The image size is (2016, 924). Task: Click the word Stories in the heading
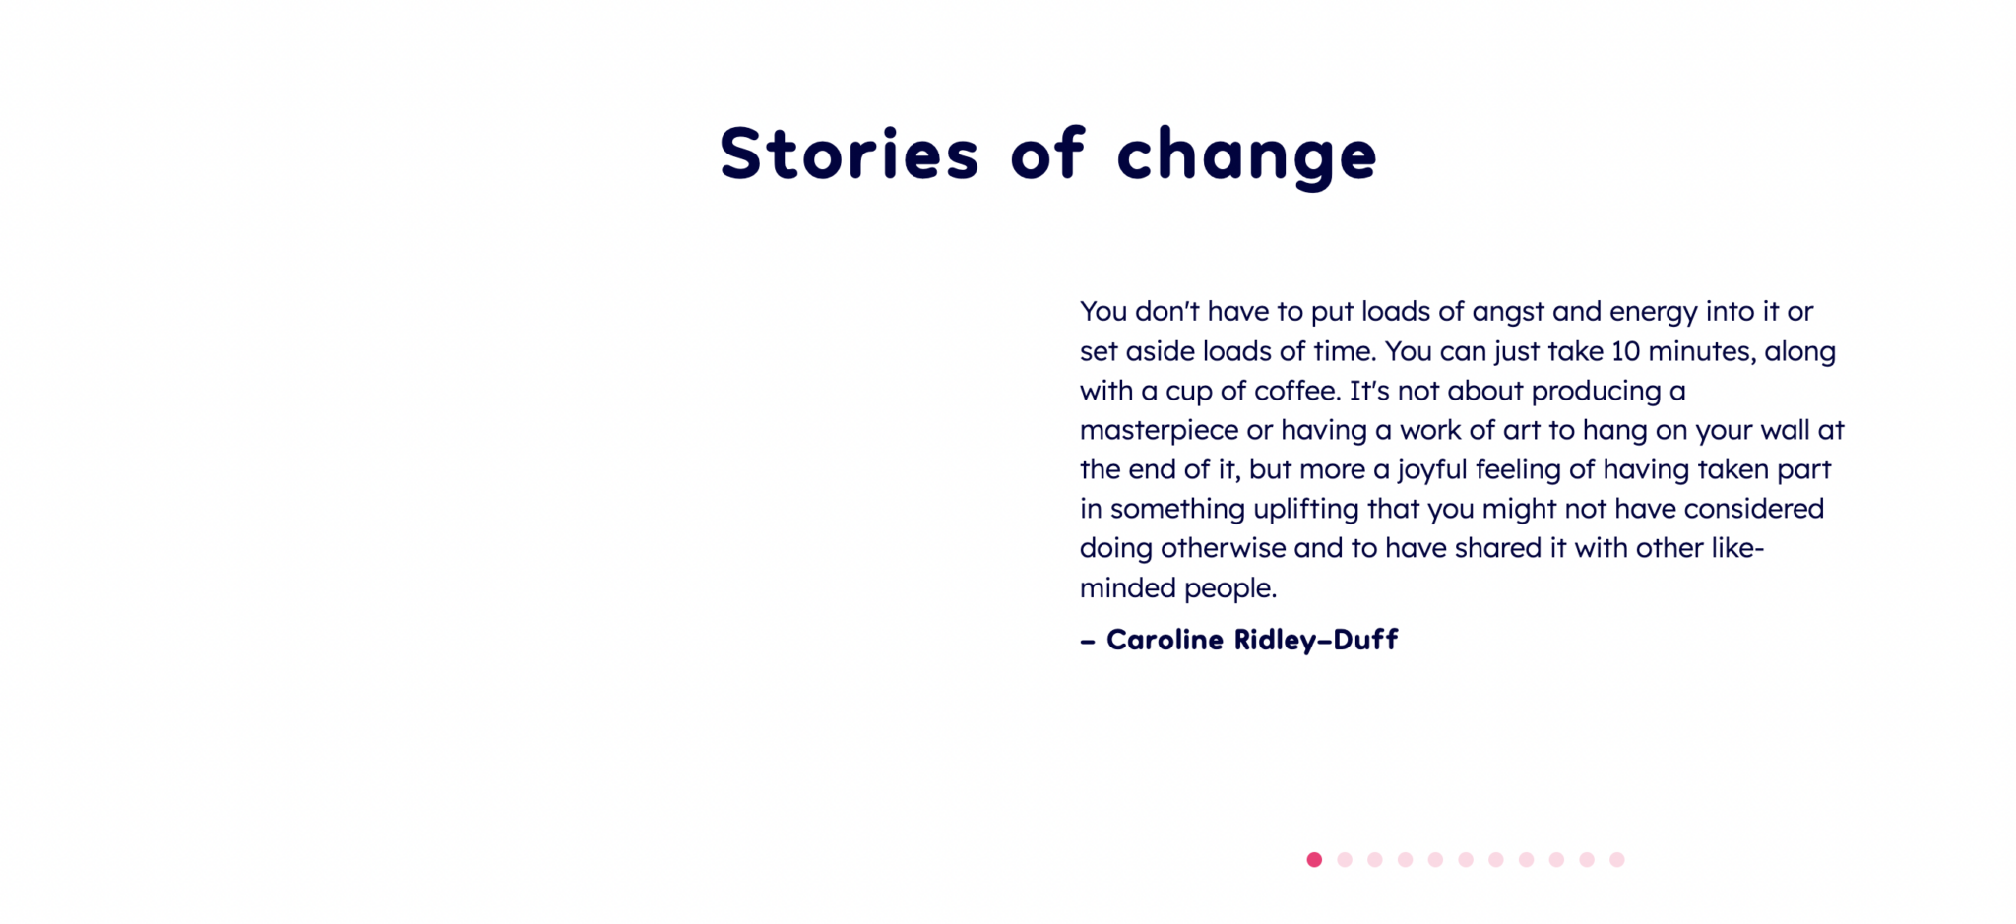pyautogui.click(x=849, y=154)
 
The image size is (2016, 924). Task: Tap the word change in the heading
pyautogui.click(x=1246, y=157)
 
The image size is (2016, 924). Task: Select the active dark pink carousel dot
pyautogui.click(x=1314, y=860)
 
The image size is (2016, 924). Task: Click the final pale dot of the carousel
pyautogui.click(x=1616, y=860)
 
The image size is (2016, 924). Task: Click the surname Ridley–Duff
pyautogui.click(x=1316, y=641)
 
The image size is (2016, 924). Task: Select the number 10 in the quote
pyautogui.click(x=1625, y=351)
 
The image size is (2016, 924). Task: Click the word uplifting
pyautogui.click(x=1305, y=510)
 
